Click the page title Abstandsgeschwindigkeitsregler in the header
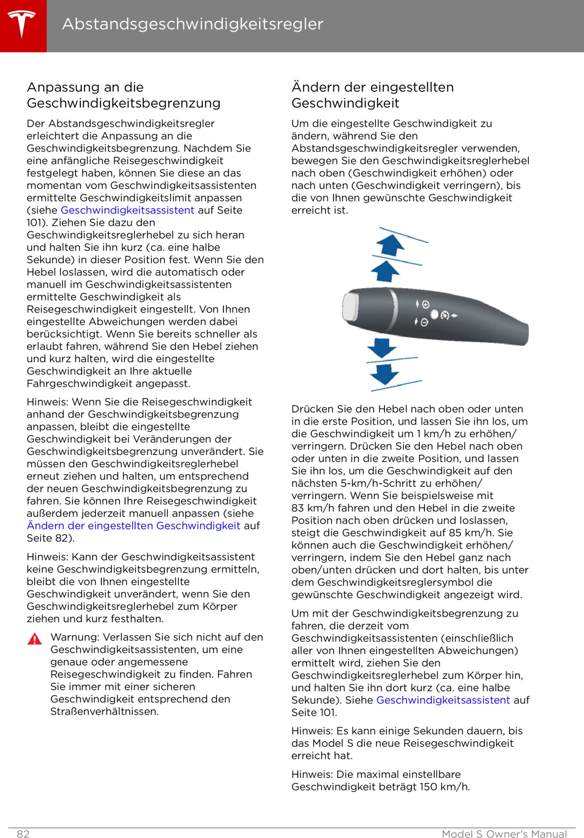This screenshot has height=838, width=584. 193,24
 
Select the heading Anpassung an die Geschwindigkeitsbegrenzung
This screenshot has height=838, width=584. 124,95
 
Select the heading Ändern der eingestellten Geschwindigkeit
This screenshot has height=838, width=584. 372,95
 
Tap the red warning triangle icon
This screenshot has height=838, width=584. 35,639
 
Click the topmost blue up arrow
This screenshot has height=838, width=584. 390,245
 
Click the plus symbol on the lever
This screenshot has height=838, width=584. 426,304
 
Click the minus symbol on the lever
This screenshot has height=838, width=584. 424,323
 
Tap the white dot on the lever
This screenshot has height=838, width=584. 434,314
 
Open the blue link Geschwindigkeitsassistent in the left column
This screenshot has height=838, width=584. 127,210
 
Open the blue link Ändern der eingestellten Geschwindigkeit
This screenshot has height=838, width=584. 133,526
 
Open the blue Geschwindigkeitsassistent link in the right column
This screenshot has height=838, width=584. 443,700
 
